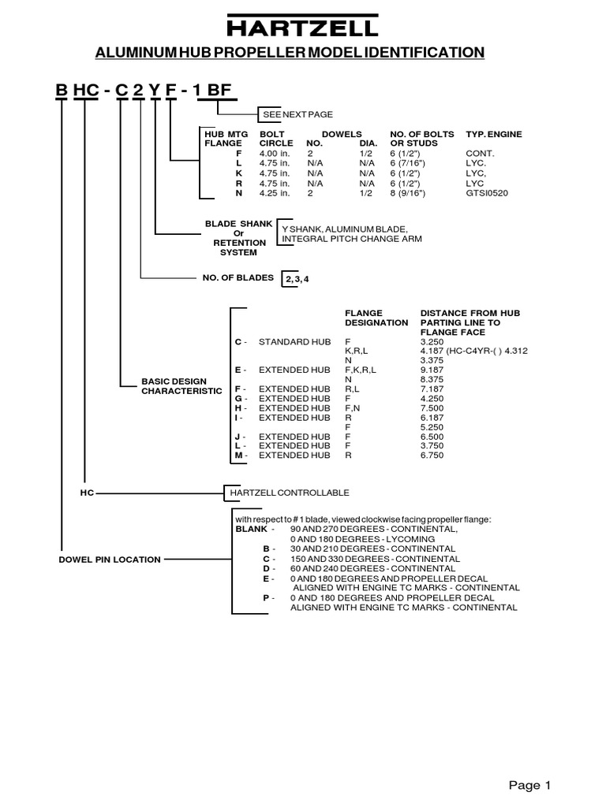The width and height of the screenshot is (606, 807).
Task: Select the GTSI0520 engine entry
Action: point(488,192)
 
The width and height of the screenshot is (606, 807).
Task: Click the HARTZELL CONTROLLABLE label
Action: point(289,493)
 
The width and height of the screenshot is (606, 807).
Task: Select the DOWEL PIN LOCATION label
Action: point(110,560)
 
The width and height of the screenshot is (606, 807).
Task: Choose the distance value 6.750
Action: point(435,456)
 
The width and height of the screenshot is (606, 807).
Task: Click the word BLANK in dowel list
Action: point(251,530)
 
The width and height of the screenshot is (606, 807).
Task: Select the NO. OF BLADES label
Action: point(238,277)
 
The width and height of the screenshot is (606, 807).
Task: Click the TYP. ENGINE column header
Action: point(494,135)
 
